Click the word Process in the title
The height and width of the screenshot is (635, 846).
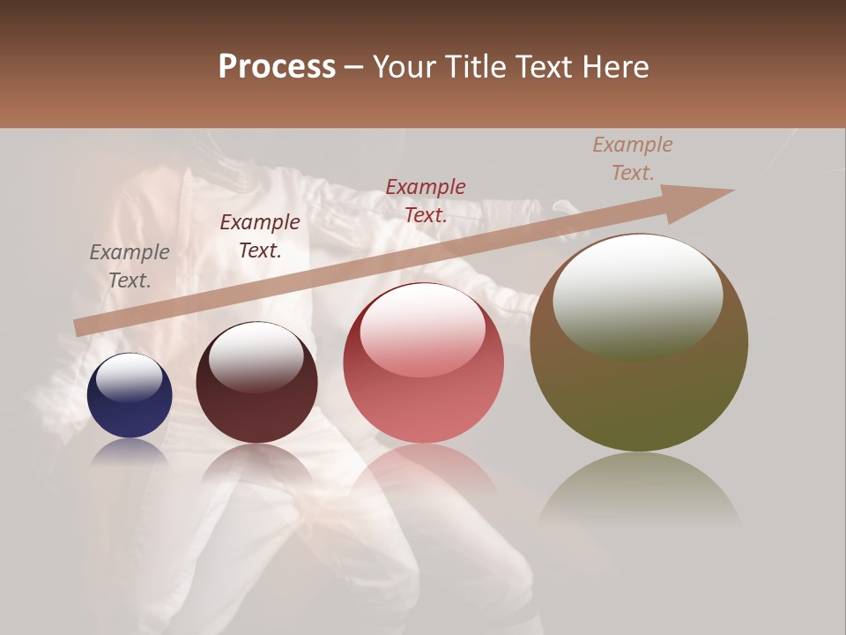277,67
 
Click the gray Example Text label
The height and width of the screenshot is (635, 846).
130,266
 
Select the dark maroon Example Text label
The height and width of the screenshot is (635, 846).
260,236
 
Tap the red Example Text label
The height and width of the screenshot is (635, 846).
426,201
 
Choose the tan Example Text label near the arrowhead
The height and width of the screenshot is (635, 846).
632,159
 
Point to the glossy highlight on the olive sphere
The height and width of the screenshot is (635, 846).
637,295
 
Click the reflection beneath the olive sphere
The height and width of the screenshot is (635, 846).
639,489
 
